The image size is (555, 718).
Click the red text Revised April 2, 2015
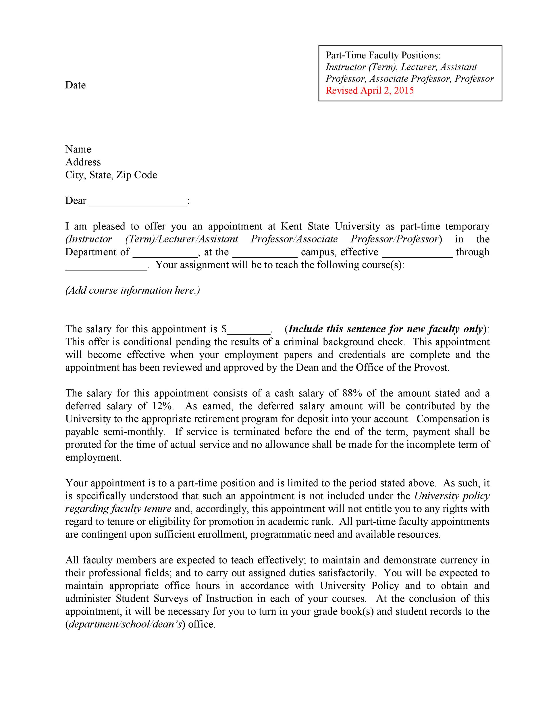pos(369,90)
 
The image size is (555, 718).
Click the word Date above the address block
pos(75,85)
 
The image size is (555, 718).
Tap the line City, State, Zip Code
pos(111,175)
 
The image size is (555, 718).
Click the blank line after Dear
pos(138,201)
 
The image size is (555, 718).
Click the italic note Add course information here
pos(132,291)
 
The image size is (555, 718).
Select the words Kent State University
pos(330,227)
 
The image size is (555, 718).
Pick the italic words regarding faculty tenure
pos(118,509)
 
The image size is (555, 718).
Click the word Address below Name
pos(83,162)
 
